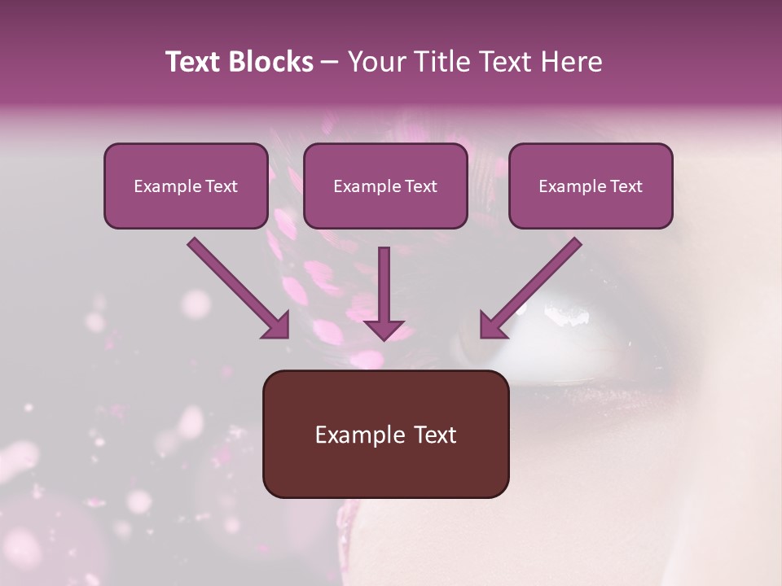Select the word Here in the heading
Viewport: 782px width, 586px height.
(572, 62)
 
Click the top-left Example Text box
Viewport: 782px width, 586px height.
(186, 186)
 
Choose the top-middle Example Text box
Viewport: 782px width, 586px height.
(385, 186)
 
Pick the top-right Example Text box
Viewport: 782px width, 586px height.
(591, 186)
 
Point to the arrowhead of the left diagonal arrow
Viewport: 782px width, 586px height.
(277, 326)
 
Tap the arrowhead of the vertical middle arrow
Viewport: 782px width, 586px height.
(384, 330)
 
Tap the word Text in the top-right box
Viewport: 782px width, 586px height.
(625, 186)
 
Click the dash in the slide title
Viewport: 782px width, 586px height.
(330, 62)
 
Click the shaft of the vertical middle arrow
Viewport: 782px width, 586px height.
(384, 281)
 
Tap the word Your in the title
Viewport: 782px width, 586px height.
(373, 62)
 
